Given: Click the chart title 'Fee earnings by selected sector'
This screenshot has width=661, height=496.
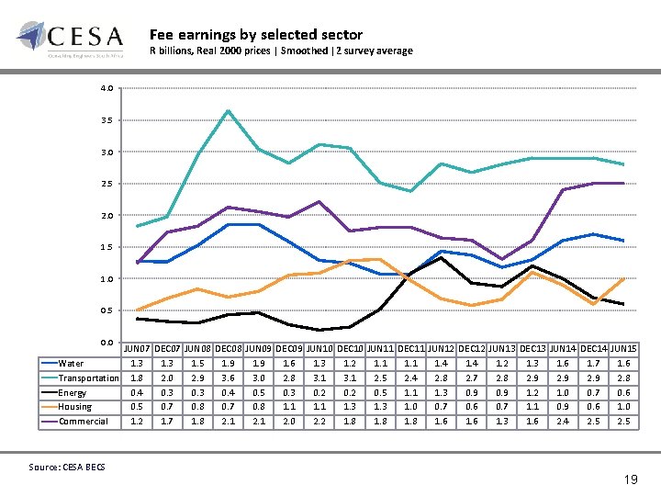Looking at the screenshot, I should tap(256, 34).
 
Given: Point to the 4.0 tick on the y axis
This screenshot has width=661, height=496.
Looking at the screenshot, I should tap(107, 88).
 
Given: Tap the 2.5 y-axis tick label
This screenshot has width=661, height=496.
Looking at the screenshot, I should tap(107, 184).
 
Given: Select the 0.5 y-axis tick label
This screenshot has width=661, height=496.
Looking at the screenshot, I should tap(107, 310).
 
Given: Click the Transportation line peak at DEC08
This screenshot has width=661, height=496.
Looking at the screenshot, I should tap(227, 111).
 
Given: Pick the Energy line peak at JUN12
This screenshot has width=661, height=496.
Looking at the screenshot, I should tap(442, 257).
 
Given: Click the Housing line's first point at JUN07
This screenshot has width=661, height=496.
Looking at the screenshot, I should tap(137, 310).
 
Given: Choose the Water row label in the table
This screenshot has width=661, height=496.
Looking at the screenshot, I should tap(71, 364).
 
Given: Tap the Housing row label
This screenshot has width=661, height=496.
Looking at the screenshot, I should tap(74, 407).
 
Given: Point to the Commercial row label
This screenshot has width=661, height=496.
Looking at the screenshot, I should tap(84, 422).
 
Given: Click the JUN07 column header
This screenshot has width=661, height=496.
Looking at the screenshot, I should tap(137, 349).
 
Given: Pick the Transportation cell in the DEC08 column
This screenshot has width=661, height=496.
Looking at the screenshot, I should tap(228, 378).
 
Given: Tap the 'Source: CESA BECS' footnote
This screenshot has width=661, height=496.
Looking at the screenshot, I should tap(66, 468).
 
